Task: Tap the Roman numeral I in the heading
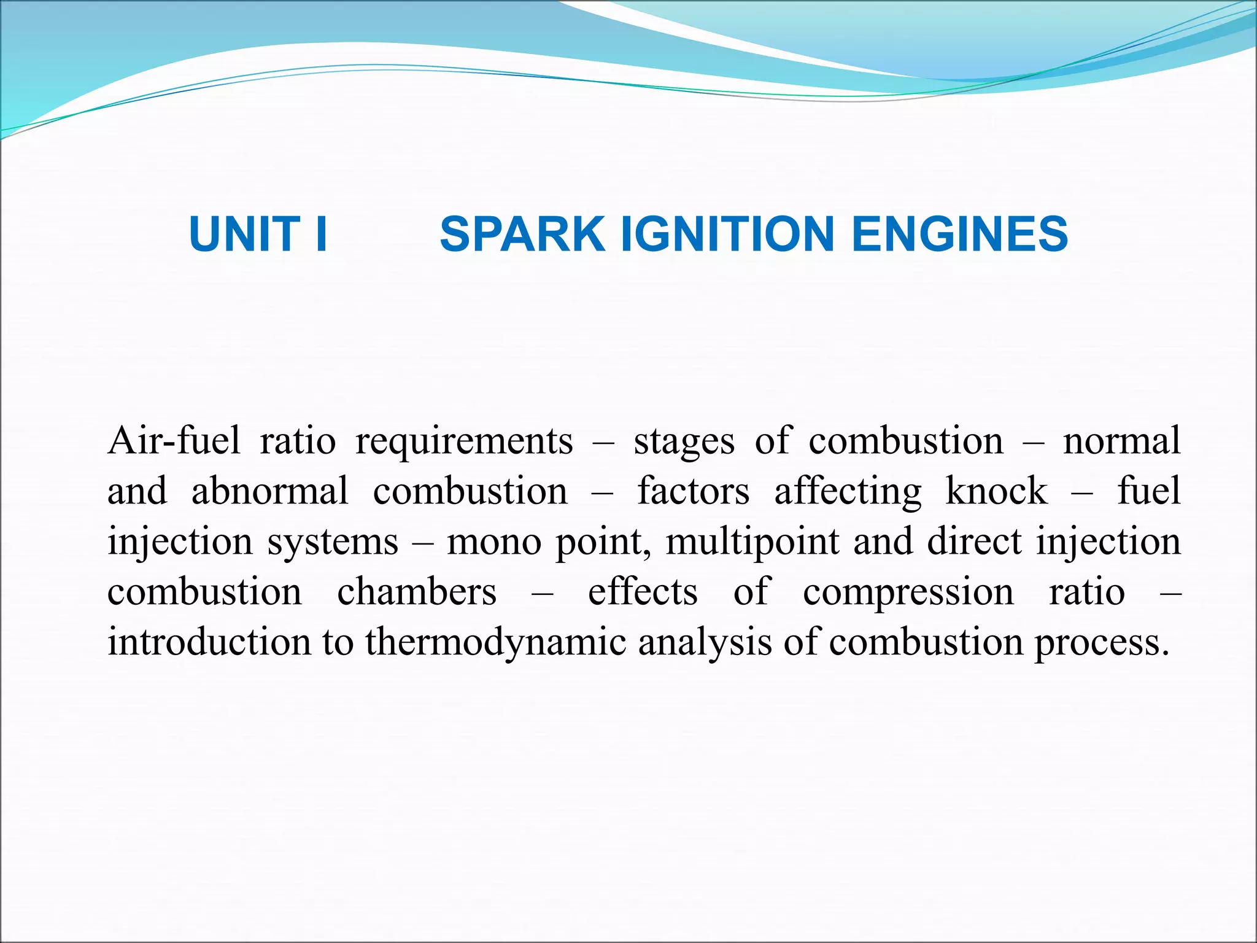(x=320, y=235)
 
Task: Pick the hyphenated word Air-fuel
(x=174, y=441)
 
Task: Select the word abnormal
(x=270, y=491)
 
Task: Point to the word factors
(x=694, y=491)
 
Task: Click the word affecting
(x=848, y=492)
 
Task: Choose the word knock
(x=997, y=491)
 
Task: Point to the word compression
(x=908, y=593)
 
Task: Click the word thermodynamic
(x=496, y=643)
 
